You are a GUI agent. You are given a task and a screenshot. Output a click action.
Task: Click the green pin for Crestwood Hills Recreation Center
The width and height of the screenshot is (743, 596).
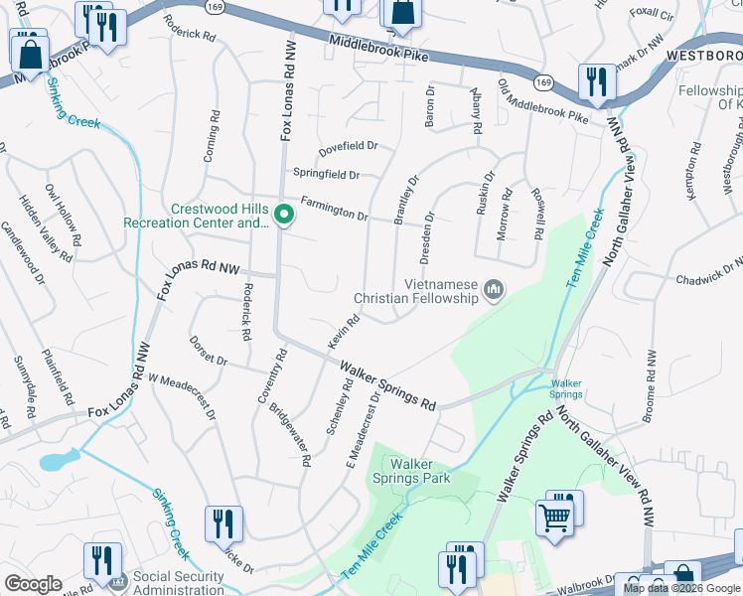(283, 215)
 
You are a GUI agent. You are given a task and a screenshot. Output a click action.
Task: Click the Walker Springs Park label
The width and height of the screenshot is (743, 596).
(420, 471)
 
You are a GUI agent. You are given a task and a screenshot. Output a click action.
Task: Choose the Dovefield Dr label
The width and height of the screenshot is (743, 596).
(348, 148)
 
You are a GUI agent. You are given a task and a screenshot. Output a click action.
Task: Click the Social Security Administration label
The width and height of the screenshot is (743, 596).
(179, 582)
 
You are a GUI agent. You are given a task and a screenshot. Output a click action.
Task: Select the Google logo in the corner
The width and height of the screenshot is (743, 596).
(33, 584)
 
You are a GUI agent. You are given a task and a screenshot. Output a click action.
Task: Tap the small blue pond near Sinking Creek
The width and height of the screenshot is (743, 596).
(60, 460)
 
